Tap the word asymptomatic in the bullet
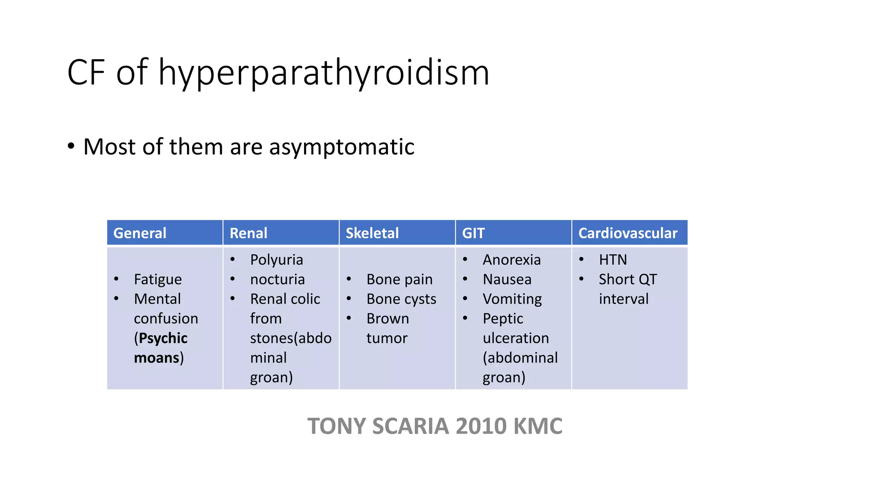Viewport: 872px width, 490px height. pos(341,147)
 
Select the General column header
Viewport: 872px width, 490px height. pos(140,233)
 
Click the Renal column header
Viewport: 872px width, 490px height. pos(248,233)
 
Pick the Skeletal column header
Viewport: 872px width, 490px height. pos(372,233)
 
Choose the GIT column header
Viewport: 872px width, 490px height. pos(473,233)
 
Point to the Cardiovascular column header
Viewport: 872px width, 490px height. pos(628,233)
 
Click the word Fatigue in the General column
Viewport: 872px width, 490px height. pos(158,279)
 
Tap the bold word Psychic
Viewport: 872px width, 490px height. pos(163,338)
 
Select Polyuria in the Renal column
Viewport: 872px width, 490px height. pos(276,260)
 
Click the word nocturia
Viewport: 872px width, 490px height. pos(277,279)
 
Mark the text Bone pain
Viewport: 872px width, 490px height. pos(399,279)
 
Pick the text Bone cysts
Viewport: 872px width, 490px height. pos(401,299)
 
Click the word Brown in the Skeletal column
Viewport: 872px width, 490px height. pos(387,319)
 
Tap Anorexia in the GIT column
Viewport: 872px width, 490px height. pos(511,260)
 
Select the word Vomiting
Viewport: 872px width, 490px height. pos(512,299)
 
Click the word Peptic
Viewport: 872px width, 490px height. pos(503,319)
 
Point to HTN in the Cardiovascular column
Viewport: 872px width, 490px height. pos(613,260)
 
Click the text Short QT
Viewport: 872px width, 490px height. pos(628,279)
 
